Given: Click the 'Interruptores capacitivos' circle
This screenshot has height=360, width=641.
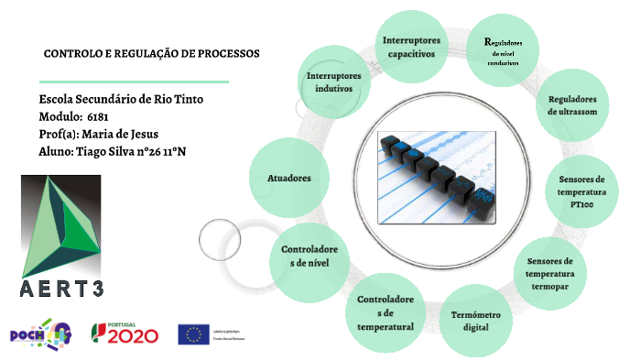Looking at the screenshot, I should point(410,47).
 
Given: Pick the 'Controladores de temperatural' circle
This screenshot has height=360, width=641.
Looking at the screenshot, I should point(385,312).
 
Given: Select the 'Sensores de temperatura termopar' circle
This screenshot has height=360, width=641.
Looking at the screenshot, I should point(549,274).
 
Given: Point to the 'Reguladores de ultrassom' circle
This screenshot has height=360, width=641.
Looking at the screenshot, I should point(571,105).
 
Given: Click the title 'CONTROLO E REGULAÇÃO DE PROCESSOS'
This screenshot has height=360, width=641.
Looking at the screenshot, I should point(151,53).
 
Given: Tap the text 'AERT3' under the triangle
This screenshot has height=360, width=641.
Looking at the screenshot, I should point(62,291).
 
